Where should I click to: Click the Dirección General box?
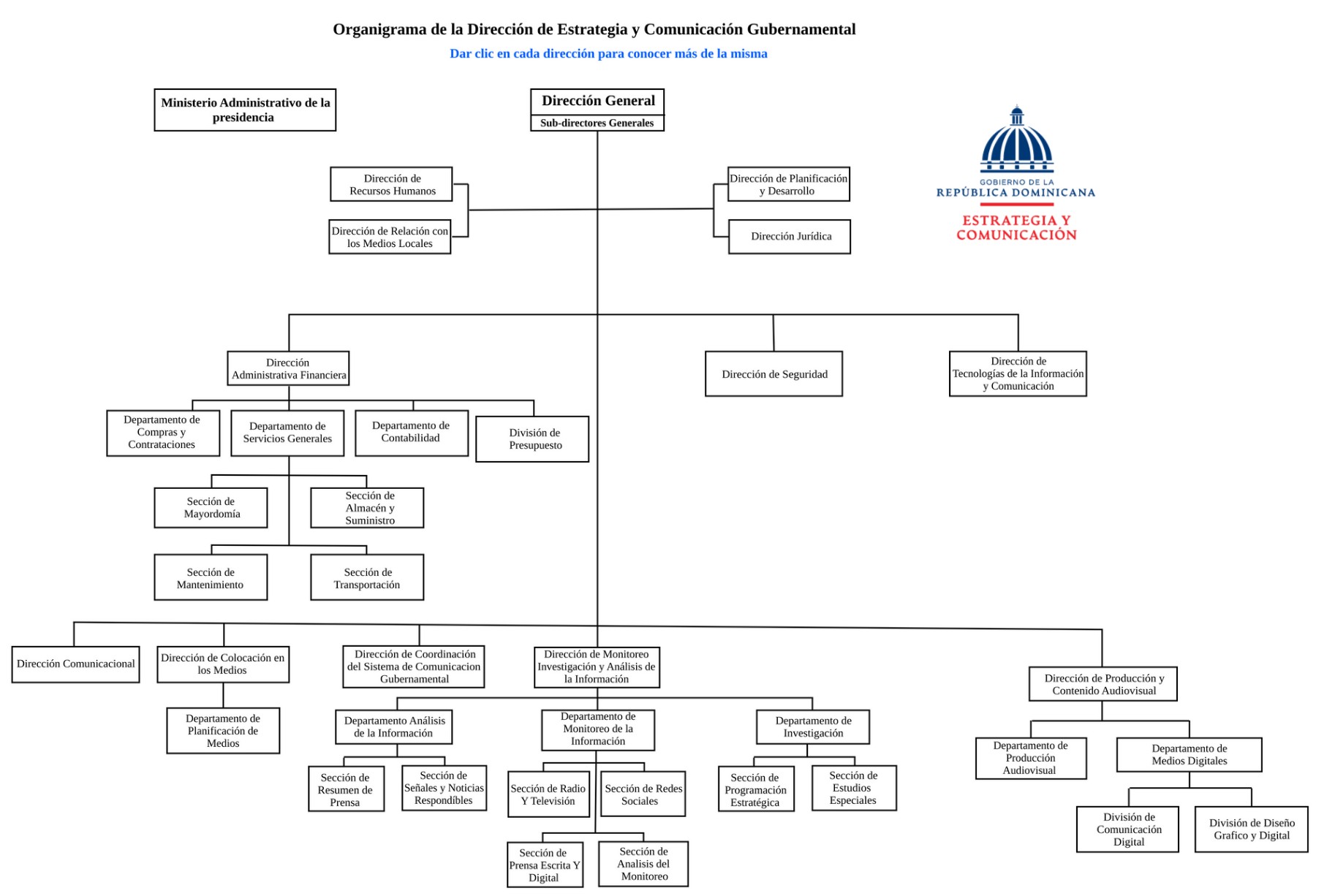point(597,101)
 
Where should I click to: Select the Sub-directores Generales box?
point(597,123)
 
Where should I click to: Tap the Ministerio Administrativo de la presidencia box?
point(245,110)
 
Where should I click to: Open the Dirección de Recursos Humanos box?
point(391,184)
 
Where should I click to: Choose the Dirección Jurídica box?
point(790,237)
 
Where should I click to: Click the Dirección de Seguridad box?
point(774,374)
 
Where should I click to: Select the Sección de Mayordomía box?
point(211,508)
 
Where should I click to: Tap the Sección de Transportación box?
point(367,578)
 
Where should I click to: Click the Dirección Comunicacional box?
point(75,664)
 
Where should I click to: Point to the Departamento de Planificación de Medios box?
point(223,731)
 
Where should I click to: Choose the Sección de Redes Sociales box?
point(643,794)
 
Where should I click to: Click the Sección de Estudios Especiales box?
point(854,788)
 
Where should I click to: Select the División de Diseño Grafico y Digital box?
point(1251,829)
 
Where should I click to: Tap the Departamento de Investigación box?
point(812,727)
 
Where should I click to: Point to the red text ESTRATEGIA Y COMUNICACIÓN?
point(1016,227)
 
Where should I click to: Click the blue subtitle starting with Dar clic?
point(608,53)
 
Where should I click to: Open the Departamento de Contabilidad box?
point(412,433)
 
